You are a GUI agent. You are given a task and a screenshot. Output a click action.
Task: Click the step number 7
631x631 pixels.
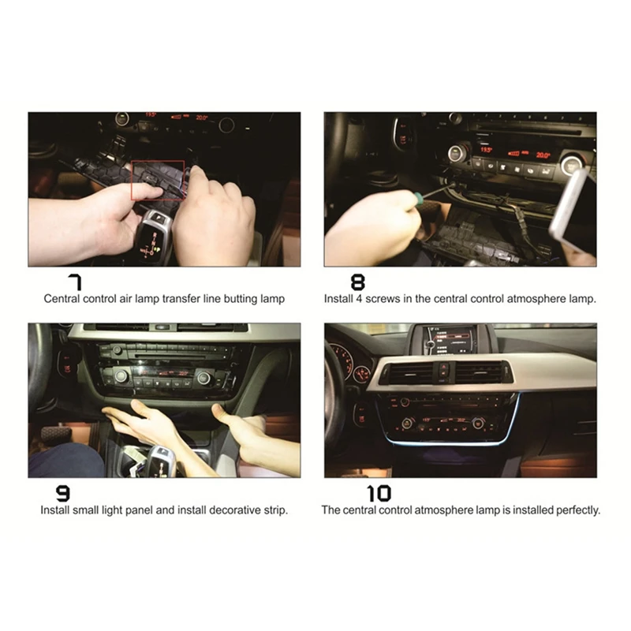click(75, 282)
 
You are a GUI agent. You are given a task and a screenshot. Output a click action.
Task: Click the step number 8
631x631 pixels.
click(358, 282)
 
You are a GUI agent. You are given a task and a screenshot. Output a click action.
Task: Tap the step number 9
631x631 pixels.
click(62, 494)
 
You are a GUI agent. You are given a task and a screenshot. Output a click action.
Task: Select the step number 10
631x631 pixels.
click(379, 494)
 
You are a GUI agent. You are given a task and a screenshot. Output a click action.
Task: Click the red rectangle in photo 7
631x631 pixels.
click(158, 180)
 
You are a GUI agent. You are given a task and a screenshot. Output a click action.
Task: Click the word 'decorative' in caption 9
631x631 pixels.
click(235, 510)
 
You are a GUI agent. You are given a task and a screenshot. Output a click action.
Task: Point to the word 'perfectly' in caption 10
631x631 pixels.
click(578, 510)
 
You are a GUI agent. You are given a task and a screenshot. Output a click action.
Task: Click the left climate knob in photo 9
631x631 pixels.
click(121, 376)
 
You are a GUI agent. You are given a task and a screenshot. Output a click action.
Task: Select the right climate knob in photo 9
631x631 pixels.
click(203, 378)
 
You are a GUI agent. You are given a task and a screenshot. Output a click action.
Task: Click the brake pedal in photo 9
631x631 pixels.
click(55, 435)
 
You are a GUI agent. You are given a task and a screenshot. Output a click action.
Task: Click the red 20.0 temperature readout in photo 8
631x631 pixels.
click(543, 155)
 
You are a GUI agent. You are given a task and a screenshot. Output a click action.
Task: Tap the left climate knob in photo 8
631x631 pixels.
click(457, 154)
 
